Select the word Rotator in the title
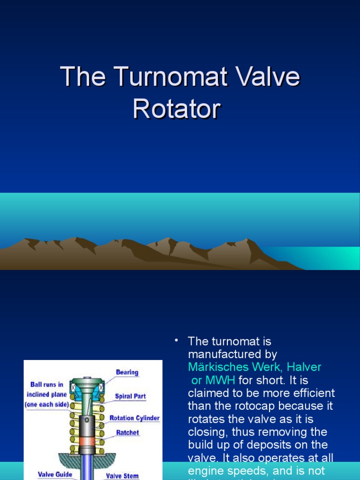pos(176,109)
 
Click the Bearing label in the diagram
pos(127,373)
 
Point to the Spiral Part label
pos(130,396)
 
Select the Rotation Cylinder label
pos(135,418)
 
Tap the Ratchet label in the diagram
pos(127,433)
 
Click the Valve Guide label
pos(55,474)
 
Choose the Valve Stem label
pos(122,476)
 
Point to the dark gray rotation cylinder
pos(87,424)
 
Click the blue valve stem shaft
pos(87,466)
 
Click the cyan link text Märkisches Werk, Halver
pos(255,367)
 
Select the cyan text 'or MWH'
pos(213,380)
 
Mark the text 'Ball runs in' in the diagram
pos(47,385)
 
